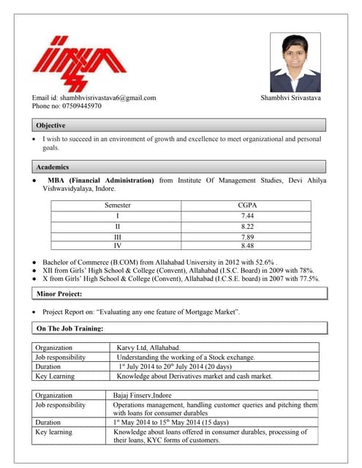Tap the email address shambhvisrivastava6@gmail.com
94,98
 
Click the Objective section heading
51,126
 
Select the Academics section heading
53,167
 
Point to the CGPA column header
248,205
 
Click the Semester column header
117,205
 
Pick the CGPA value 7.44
248,216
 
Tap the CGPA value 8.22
248,227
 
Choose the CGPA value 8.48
248,246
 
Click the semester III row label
117,237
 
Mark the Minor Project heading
60,294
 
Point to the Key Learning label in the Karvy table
55,377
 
